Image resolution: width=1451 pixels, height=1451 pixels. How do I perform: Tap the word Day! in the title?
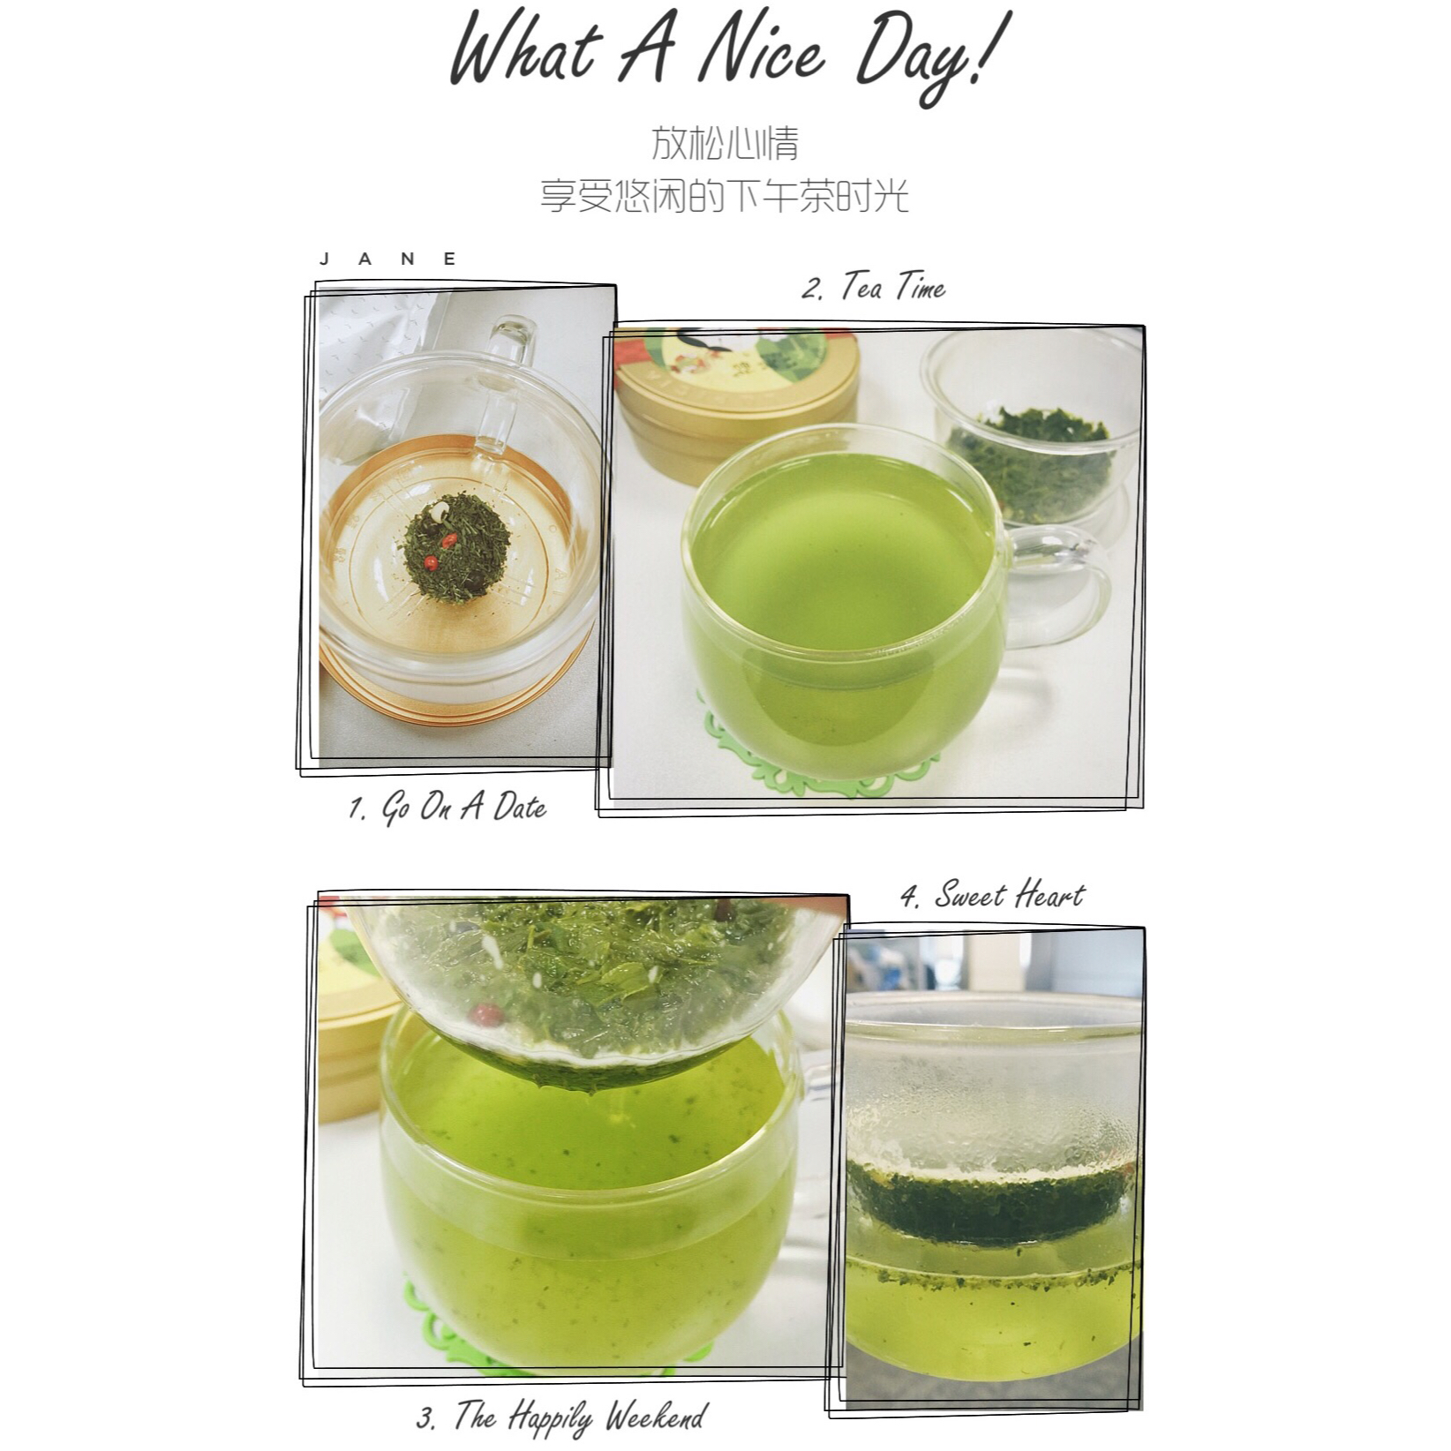[x=931, y=55]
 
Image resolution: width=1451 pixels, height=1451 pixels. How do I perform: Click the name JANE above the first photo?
[x=389, y=259]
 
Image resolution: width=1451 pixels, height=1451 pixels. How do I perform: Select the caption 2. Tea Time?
[x=873, y=288]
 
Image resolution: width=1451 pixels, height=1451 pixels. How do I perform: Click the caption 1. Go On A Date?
[x=447, y=808]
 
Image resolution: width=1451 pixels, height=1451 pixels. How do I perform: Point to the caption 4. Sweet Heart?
[x=992, y=896]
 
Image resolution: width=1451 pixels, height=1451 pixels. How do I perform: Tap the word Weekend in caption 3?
[x=656, y=1417]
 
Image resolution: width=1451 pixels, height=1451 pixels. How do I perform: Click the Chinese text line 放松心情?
[x=725, y=143]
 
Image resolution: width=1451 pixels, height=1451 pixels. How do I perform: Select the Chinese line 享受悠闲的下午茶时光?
[x=725, y=195]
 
